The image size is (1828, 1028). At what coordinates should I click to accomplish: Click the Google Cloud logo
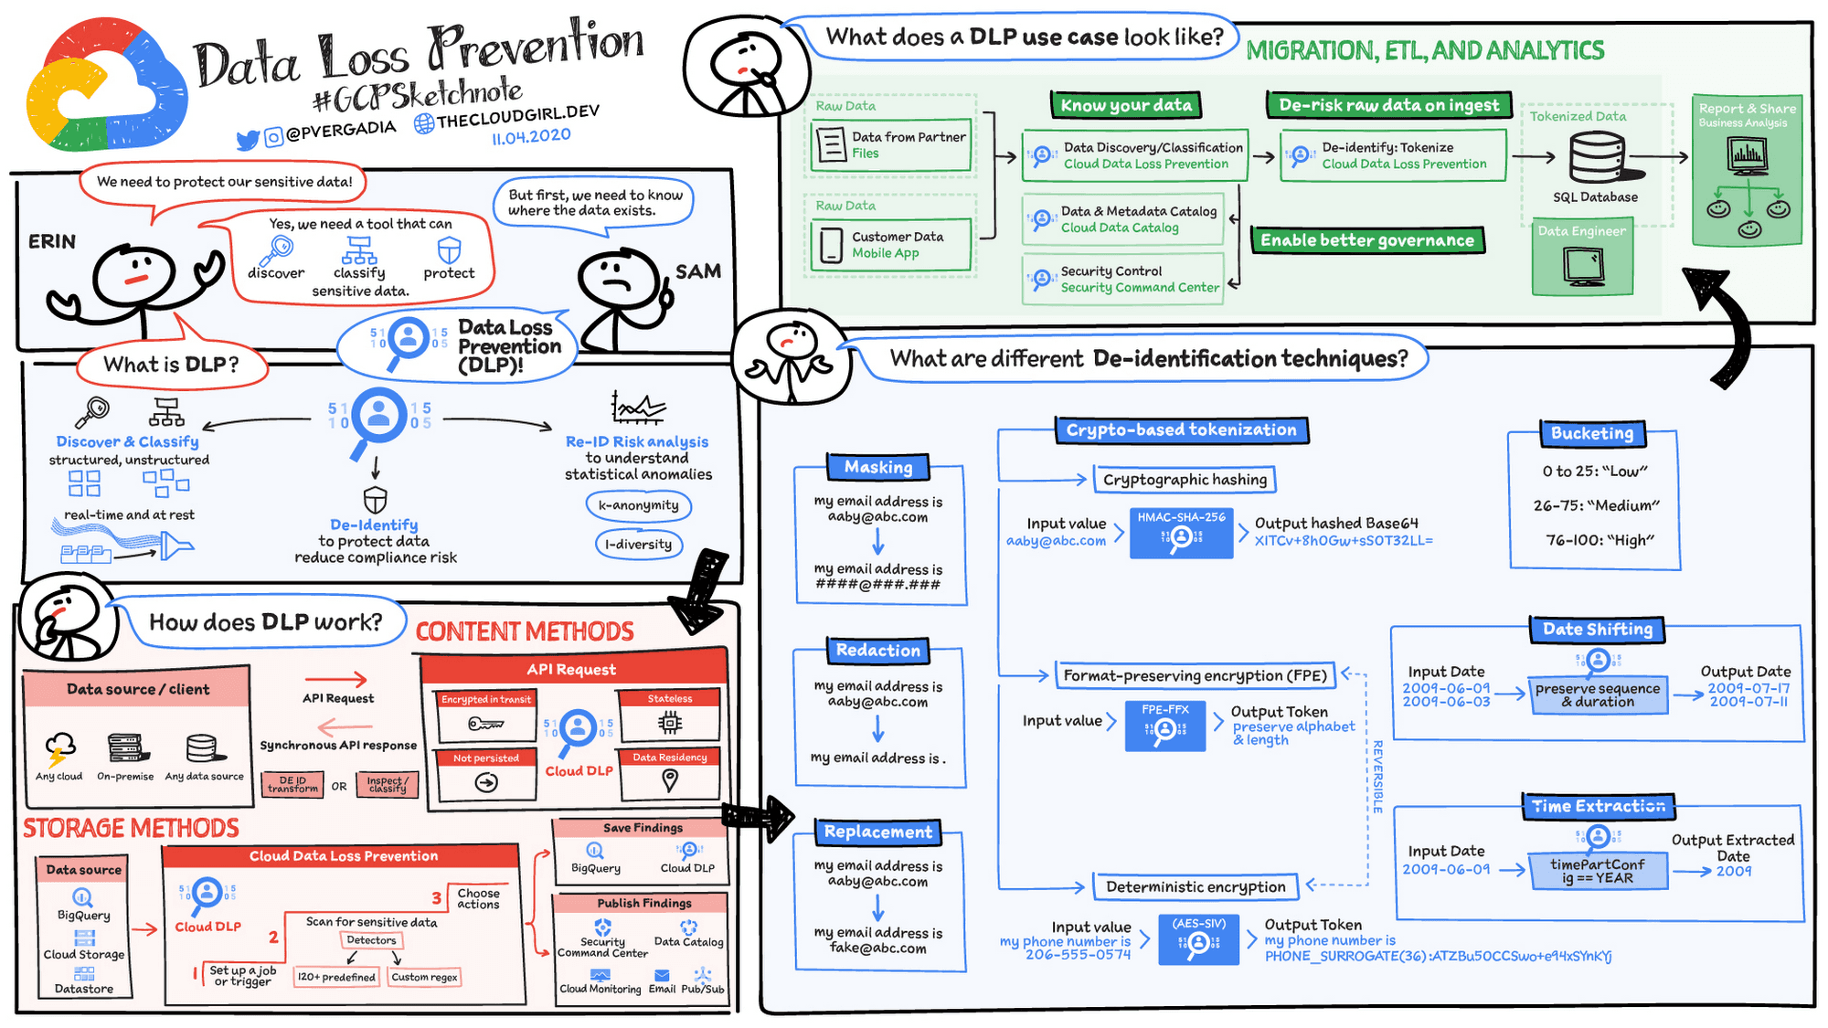click(x=105, y=87)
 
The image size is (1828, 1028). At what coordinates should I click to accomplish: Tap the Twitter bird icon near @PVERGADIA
click(x=247, y=140)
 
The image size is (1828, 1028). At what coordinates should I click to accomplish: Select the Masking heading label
click(x=877, y=467)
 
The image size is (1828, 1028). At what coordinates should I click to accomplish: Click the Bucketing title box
click(x=1591, y=433)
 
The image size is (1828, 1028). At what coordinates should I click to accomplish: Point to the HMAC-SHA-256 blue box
click(x=1181, y=532)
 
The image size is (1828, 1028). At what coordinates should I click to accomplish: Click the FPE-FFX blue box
click(x=1164, y=726)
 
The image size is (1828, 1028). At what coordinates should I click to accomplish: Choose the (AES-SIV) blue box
click(x=1198, y=938)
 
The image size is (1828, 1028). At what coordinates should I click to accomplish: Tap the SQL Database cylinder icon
click(x=1597, y=158)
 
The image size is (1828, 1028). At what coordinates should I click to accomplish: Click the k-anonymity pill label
click(x=638, y=505)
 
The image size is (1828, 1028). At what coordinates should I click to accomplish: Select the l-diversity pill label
click(x=638, y=545)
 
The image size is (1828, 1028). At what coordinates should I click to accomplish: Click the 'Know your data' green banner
click(x=1125, y=105)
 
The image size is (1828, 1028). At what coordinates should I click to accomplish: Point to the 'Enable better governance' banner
click(x=1366, y=240)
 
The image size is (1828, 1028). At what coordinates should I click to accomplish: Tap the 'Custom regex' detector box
click(x=424, y=977)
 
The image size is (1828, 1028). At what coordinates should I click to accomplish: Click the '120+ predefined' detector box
click(x=336, y=977)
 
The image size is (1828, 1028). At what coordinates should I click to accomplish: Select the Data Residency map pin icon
click(x=670, y=779)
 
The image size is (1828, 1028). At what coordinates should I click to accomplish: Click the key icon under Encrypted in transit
click(x=484, y=725)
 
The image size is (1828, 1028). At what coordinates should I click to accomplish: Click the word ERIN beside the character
click(x=52, y=241)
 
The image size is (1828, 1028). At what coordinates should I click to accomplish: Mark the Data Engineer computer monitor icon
click(x=1582, y=266)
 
